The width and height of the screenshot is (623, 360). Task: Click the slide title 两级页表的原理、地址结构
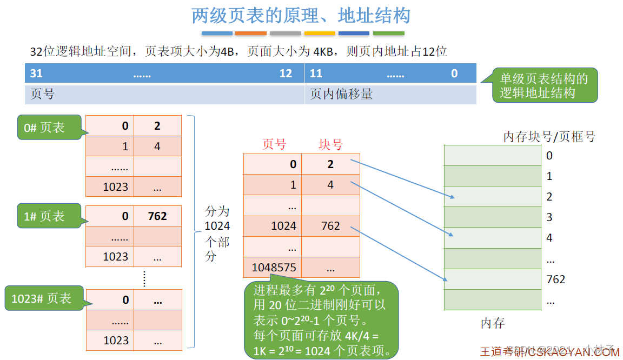coord(301,16)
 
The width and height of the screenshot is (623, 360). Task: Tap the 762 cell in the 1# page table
coord(157,216)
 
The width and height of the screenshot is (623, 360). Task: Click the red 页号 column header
coord(274,145)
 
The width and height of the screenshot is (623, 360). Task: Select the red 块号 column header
coord(330,145)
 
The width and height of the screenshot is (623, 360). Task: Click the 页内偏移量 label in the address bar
coord(341,94)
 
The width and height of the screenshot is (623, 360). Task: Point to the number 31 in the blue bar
coord(36,74)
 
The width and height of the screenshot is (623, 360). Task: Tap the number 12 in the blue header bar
coord(286,74)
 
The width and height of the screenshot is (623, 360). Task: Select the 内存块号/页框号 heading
coord(549,137)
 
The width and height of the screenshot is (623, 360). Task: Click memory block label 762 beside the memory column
coord(555,279)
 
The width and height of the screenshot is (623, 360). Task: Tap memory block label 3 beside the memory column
coord(549,217)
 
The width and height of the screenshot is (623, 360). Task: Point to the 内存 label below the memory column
coord(492,324)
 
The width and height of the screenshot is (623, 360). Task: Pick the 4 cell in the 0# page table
coord(157,146)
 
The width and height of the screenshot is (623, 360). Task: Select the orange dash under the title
coord(251,34)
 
